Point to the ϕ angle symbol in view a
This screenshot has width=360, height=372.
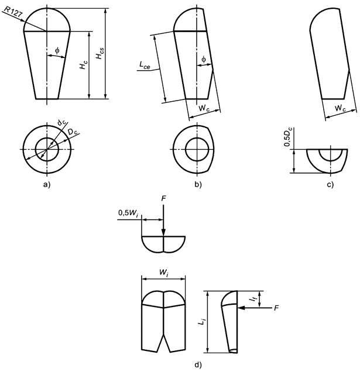point(57,51)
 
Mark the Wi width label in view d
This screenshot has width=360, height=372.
point(164,271)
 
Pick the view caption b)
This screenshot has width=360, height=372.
point(198,185)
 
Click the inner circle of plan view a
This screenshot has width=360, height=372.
point(47,149)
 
